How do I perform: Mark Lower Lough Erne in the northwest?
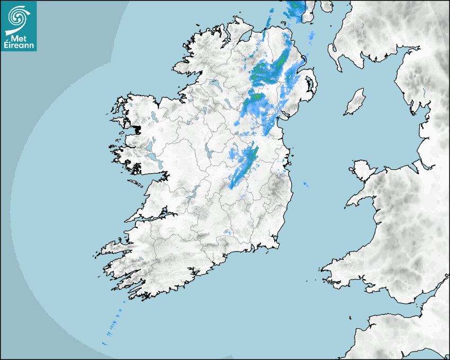coord(214,84)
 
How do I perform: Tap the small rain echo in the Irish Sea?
coord(304,184)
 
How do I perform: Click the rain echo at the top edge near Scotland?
coord(295,7)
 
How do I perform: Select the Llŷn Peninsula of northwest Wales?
coord(361,199)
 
